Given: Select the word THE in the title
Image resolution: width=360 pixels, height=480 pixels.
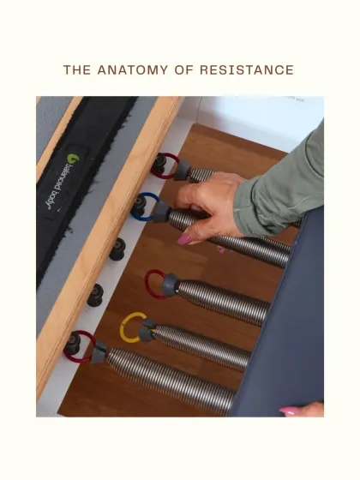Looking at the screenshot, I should pyautogui.click(x=77, y=70).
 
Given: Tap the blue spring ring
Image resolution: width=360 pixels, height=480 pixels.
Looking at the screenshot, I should pyautogui.click(x=147, y=206).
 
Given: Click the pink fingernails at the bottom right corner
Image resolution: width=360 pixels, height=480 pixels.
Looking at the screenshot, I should pyautogui.click(x=290, y=411).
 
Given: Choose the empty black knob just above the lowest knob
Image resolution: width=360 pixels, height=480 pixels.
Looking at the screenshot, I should pyautogui.click(x=95, y=294).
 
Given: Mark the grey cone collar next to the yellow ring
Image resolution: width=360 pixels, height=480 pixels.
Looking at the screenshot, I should pyautogui.click(x=148, y=327).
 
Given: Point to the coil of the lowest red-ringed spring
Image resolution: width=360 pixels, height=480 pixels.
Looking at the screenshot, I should pyautogui.click(x=163, y=377).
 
